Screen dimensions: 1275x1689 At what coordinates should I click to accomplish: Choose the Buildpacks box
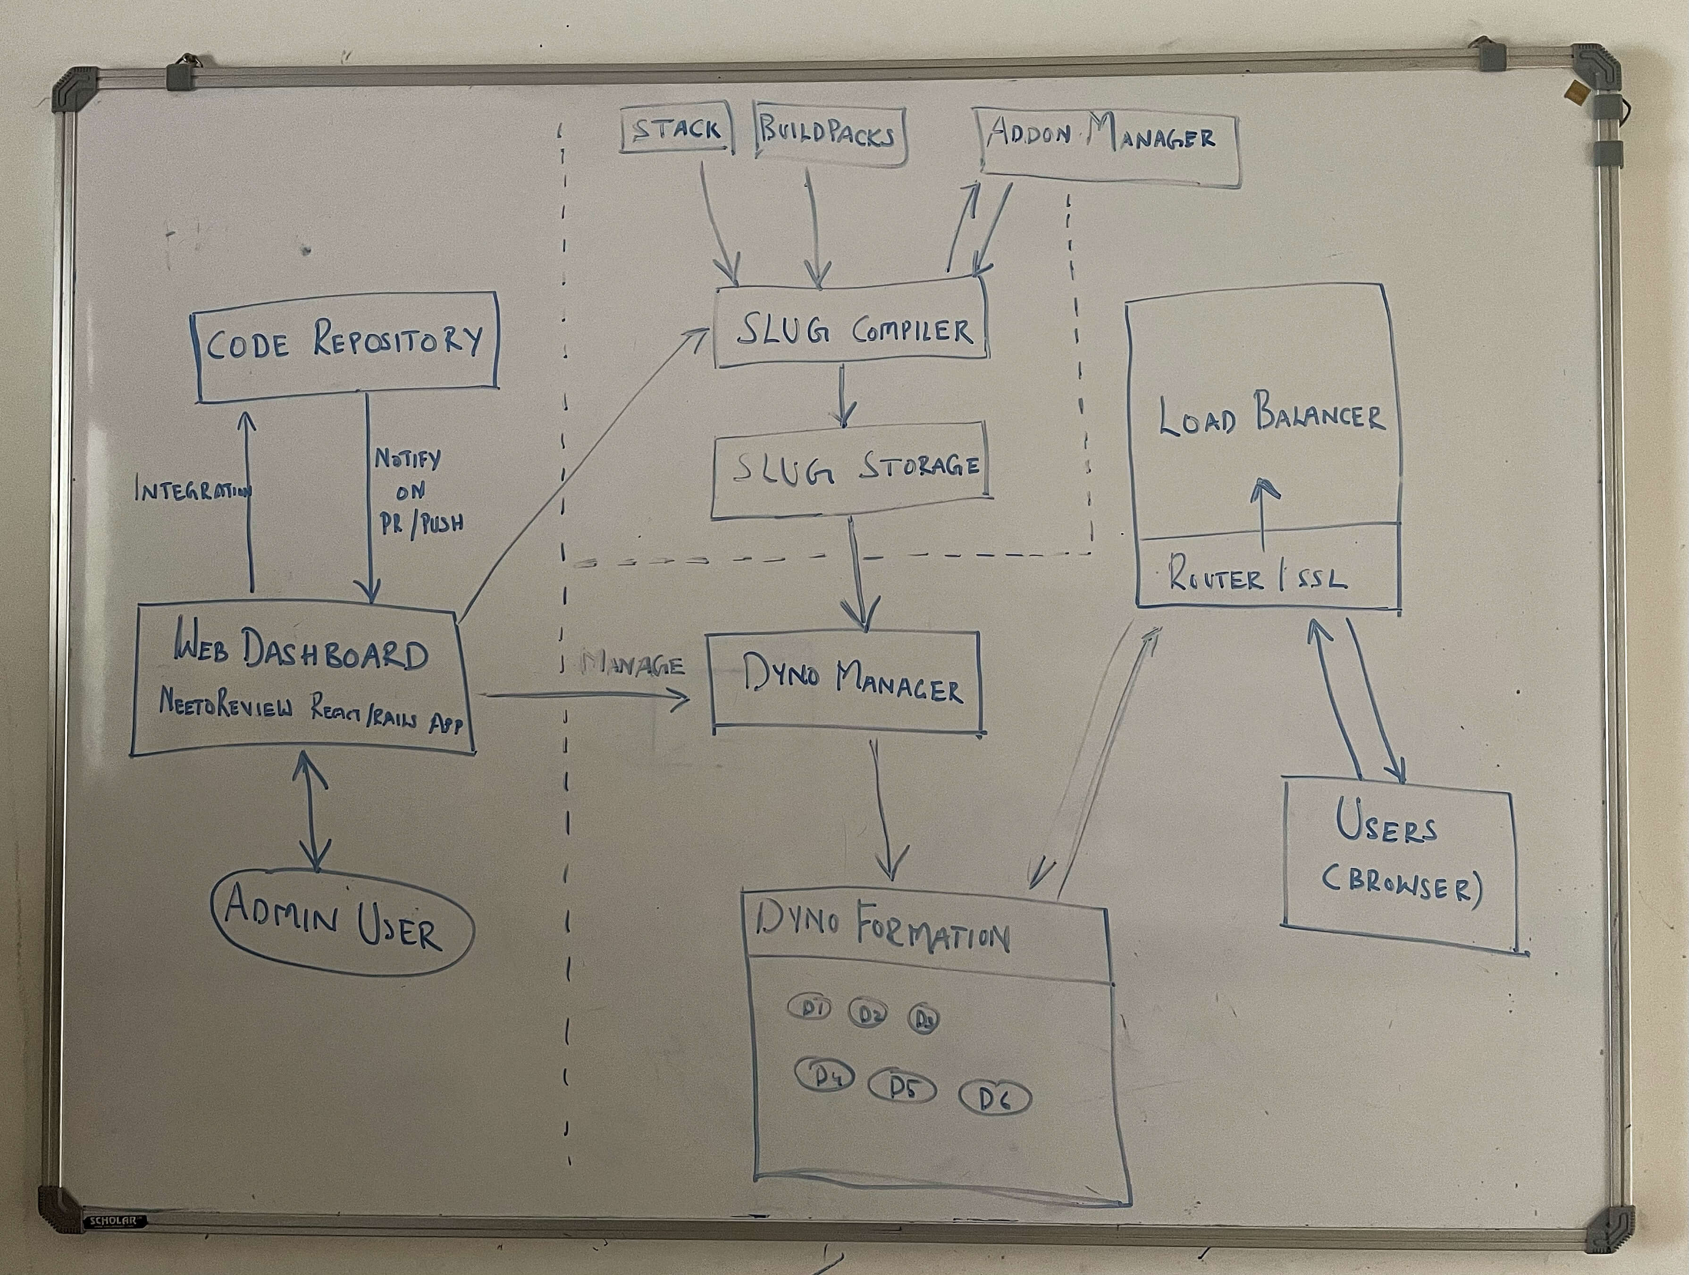pos(829,134)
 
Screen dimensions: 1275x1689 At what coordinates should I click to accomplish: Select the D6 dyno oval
pos(994,1098)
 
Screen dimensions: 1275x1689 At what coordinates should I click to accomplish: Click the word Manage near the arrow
pos(632,664)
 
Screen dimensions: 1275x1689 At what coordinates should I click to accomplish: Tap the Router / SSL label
pos(1257,579)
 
